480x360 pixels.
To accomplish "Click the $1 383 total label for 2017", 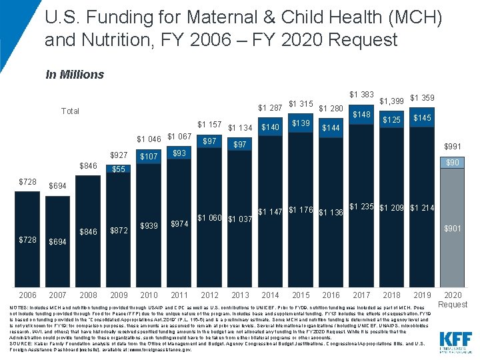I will pyautogui.click(x=361, y=95).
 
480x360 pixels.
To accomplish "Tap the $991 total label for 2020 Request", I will pyautogui.click(x=453, y=146).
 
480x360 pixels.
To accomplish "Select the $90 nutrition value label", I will pyautogui.click(x=453, y=163).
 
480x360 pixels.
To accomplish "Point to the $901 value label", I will pyautogui.click(x=453, y=229).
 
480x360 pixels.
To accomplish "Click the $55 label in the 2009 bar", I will pyautogui.click(x=119, y=169).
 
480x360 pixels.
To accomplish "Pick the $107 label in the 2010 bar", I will pyautogui.click(x=149, y=157).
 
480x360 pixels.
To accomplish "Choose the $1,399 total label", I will pyautogui.click(x=391, y=101).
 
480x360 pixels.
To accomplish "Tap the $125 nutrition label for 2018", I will pyautogui.click(x=391, y=120).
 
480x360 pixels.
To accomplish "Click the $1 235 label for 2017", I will pyautogui.click(x=361, y=207).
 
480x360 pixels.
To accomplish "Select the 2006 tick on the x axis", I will pyautogui.click(x=27, y=295).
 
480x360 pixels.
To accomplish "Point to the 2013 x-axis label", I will pyautogui.click(x=240, y=295).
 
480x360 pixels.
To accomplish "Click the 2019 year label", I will pyautogui.click(x=422, y=295).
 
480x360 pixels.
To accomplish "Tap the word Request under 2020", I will pyautogui.click(x=453, y=304).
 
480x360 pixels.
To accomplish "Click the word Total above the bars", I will pyautogui.click(x=70, y=111).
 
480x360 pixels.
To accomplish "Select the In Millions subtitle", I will pyautogui.click(x=75, y=75).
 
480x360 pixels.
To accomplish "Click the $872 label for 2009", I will pyautogui.click(x=119, y=230).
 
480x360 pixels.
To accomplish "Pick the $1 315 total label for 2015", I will pyautogui.click(x=301, y=104).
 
